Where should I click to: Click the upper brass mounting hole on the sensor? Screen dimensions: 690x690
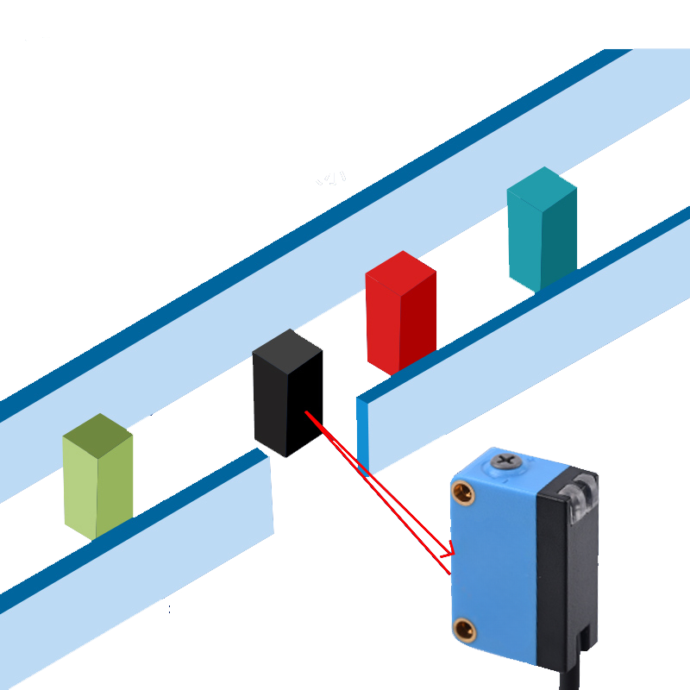pos(464,493)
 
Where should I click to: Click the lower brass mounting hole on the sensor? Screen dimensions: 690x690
pos(464,629)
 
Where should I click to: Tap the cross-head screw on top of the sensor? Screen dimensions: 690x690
pos(506,463)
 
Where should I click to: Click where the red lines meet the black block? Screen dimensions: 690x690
pos(308,414)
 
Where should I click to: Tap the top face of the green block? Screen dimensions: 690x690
pos(97,430)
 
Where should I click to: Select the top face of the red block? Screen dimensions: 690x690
pos(400,268)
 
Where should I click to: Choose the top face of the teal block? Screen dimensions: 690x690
pos(542,184)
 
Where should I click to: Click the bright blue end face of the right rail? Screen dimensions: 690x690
pos(363,436)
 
